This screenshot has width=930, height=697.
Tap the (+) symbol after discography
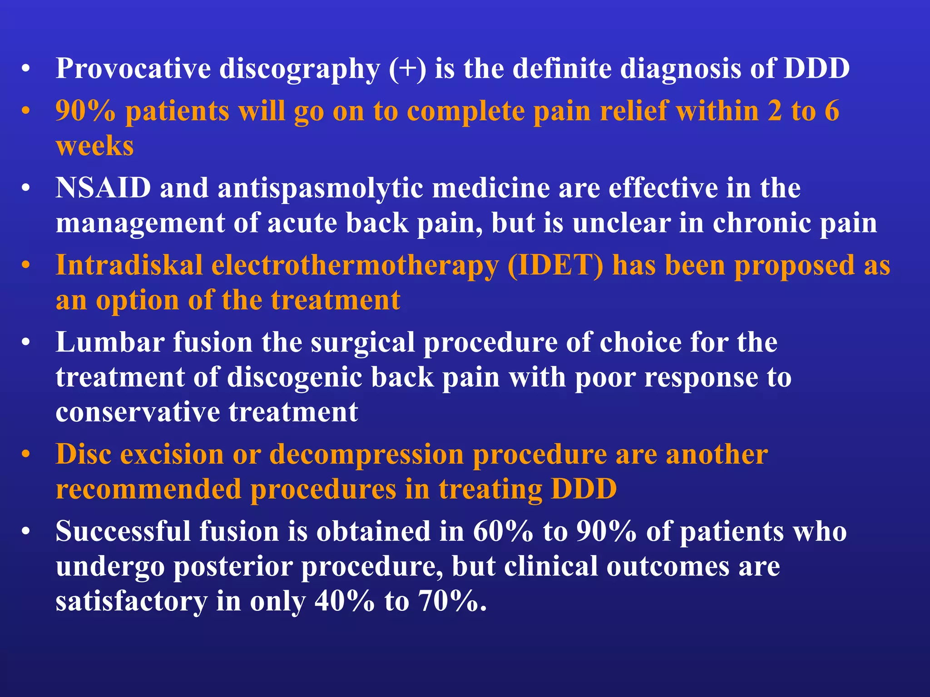[407, 69]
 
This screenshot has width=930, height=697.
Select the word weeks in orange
[94, 146]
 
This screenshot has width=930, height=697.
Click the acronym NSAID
[103, 187]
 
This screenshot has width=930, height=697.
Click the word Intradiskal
[129, 265]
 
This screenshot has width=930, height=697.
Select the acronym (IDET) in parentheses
[555, 265]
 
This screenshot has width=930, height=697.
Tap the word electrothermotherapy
[355, 266]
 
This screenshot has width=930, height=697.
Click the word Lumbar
[109, 342]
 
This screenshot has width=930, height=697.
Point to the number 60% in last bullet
[503, 531]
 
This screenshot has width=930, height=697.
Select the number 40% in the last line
[345, 601]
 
